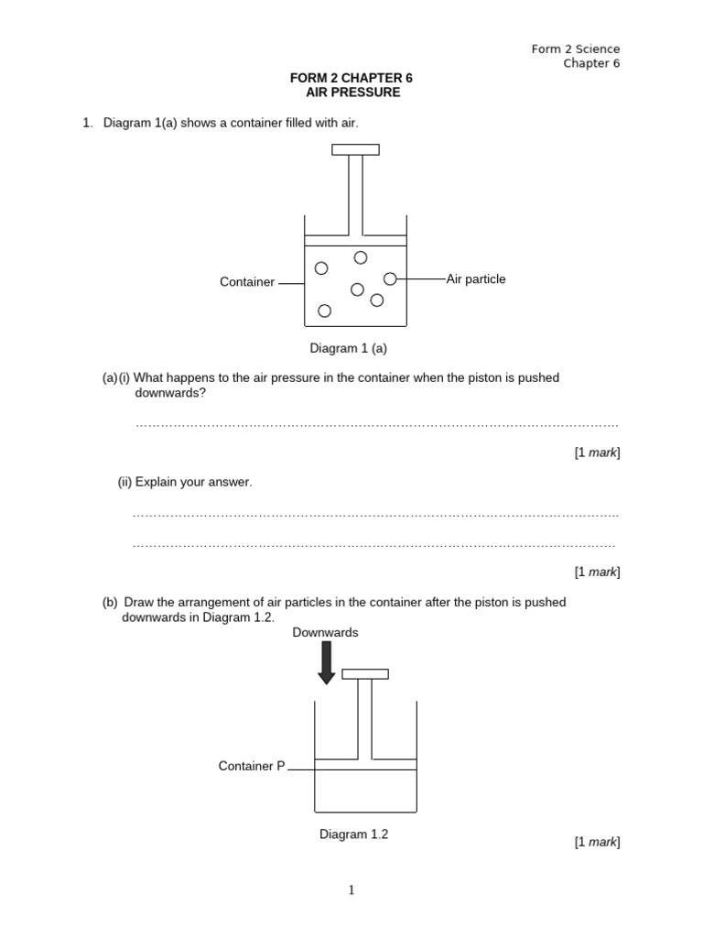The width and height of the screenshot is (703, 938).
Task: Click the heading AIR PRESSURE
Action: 352,93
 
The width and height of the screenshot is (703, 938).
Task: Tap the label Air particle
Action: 476,278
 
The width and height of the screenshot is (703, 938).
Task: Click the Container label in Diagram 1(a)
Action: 247,282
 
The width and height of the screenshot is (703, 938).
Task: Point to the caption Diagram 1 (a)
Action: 348,348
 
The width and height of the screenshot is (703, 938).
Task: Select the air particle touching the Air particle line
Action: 390,278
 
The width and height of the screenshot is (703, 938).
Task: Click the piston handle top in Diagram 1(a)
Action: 355,149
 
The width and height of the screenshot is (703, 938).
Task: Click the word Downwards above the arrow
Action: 325,632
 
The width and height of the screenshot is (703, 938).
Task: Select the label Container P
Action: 252,766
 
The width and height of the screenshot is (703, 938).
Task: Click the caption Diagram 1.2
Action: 353,834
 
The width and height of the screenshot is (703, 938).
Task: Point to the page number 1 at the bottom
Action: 351,889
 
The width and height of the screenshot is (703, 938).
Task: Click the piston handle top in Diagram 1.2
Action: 364,674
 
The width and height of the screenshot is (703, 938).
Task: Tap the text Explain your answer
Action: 193,482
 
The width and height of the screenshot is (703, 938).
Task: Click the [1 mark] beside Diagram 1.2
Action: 597,842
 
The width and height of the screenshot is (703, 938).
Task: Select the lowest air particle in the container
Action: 324,311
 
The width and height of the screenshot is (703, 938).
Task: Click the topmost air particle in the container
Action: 361,257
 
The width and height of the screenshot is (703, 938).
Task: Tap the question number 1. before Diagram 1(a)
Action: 88,123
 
